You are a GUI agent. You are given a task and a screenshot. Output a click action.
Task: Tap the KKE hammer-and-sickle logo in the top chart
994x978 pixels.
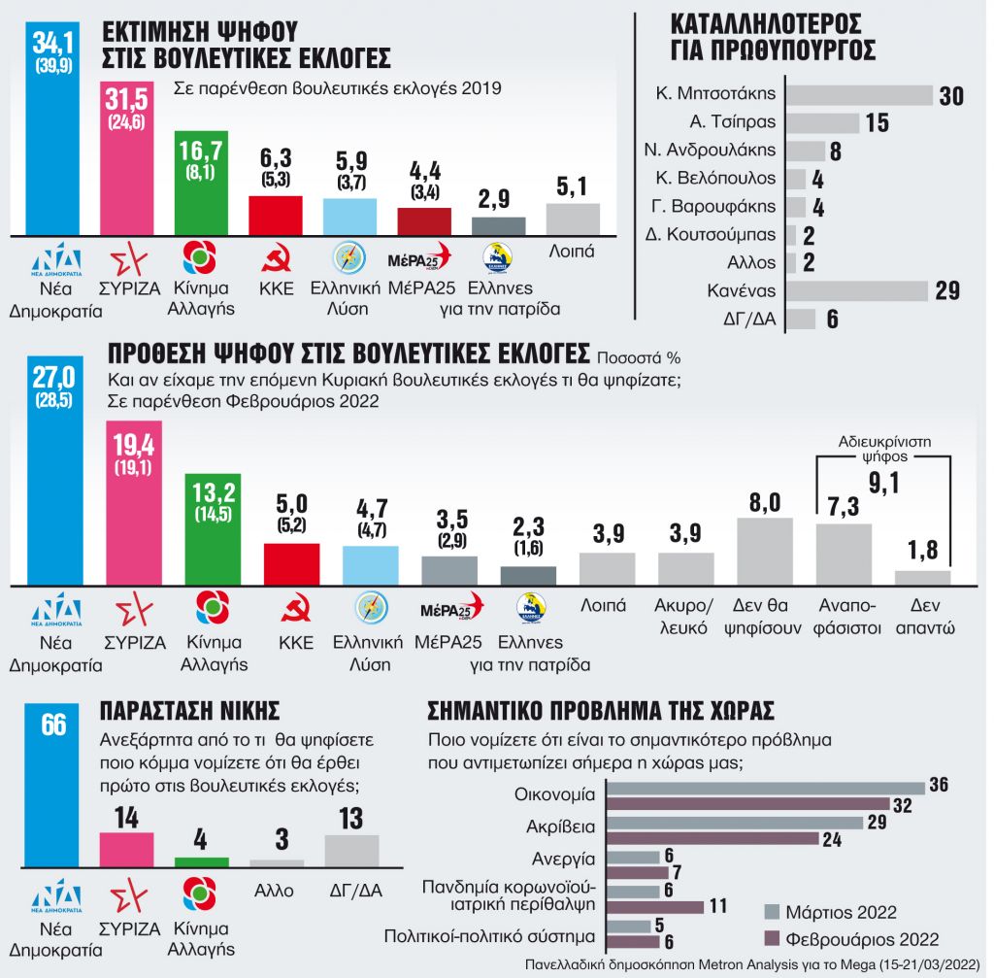coord(277,258)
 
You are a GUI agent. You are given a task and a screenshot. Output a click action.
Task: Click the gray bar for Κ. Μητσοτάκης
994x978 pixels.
coord(858,95)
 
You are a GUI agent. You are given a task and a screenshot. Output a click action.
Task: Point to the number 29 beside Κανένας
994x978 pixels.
coord(947,290)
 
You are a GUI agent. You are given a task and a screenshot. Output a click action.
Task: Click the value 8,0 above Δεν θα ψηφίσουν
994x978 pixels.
coord(765,502)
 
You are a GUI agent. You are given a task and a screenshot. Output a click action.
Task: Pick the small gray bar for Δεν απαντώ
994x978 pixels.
coord(922,578)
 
